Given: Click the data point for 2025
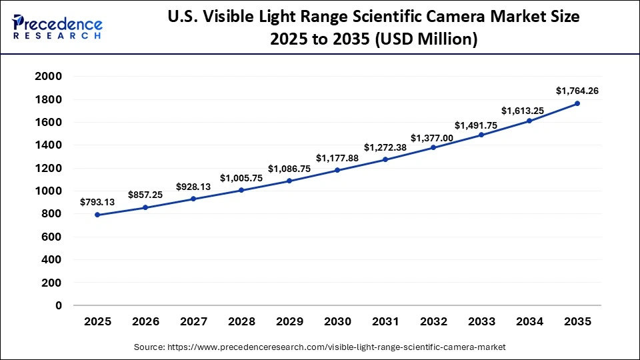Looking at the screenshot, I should [97, 215].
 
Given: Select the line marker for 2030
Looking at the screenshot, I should [337, 170].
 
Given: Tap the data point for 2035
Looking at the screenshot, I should [577, 103].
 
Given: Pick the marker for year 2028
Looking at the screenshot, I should [241, 190].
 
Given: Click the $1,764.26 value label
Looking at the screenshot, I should [577, 91].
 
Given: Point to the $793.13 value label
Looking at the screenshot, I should [97, 201].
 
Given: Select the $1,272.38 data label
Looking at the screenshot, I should [385, 147].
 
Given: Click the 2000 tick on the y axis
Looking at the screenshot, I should [48, 77].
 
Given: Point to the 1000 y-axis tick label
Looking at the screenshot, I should [48, 191].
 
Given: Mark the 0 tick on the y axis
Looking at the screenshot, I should [59, 305].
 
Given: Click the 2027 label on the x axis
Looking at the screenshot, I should [193, 321].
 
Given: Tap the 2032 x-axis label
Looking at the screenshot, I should [433, 321].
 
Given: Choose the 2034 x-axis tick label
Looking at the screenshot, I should [529, 321].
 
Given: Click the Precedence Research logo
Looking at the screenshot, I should [57, 27].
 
